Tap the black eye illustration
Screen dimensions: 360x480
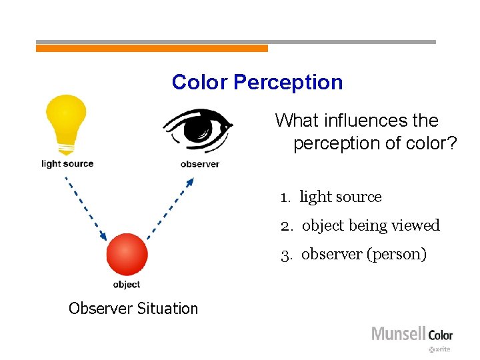[x=198, y=127]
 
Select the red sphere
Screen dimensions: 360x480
[x=127, y=254]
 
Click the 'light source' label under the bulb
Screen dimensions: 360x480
[x=67, y=163]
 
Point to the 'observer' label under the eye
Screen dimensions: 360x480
[x=199, y=164]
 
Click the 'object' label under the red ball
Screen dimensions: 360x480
[x=126, y=285]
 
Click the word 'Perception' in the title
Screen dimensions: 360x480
[x=288, y=83]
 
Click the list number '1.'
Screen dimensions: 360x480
[x=287, y=197]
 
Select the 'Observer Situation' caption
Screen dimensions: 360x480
[x=133, y=309]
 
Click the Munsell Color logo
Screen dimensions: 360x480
[x=411, y=333]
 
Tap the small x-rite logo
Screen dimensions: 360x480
[x=440, y=349]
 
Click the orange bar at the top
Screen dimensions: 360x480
[x=151, y=48]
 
